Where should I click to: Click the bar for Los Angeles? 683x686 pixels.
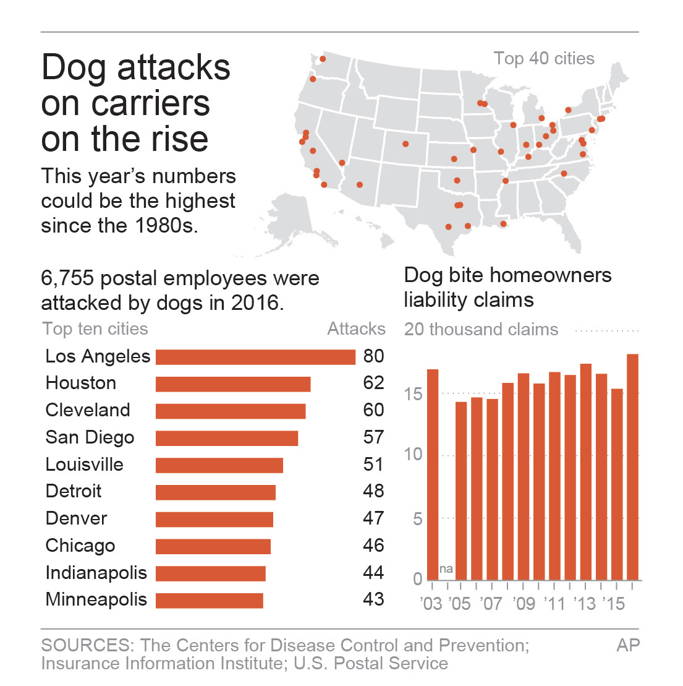pyautogui.click(x=255, y=357)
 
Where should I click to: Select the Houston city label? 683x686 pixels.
pyautogui.click(x=81, y=383)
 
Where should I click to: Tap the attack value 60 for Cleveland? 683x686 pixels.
pyautogui.click(x=373, y=410)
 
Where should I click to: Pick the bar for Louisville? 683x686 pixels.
pyautogui.click(x=219, y=465)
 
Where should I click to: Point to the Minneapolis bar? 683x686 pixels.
pyautogui.click(x=209, y=600)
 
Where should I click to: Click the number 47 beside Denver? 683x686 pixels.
pyautogui.click(x=373, y=518)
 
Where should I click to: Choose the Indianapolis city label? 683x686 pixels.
pyautogui.click(x=96, y=573)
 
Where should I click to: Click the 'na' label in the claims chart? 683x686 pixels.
pyautogui.click(x=446, y=568)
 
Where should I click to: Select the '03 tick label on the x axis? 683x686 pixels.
pyautogui.click(x=431, y=603)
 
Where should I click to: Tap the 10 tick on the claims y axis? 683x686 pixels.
pyautogui.click(x=413, y=454)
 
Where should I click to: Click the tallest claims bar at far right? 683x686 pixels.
pyautogui.click(x=632, y=466)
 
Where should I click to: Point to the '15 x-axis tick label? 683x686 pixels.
pyautogui.click(x=614, y=603)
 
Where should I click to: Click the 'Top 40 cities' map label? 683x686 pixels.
pyautogui.click(x=544, y=59)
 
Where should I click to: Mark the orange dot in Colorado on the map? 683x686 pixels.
pyautogui.click(x=405, y=144)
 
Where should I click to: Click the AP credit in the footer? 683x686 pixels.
pyautogui.click(x=628, y=645)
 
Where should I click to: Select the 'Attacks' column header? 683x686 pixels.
pyautogui.click(x=356, y=328)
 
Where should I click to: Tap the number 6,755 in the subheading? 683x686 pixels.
pyautogui.click(x=67, y=278)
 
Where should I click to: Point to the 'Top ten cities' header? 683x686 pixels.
pyautogui.click(x=95, y=328)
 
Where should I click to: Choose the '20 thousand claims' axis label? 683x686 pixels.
pyautogui.click(x=481, y=329)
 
